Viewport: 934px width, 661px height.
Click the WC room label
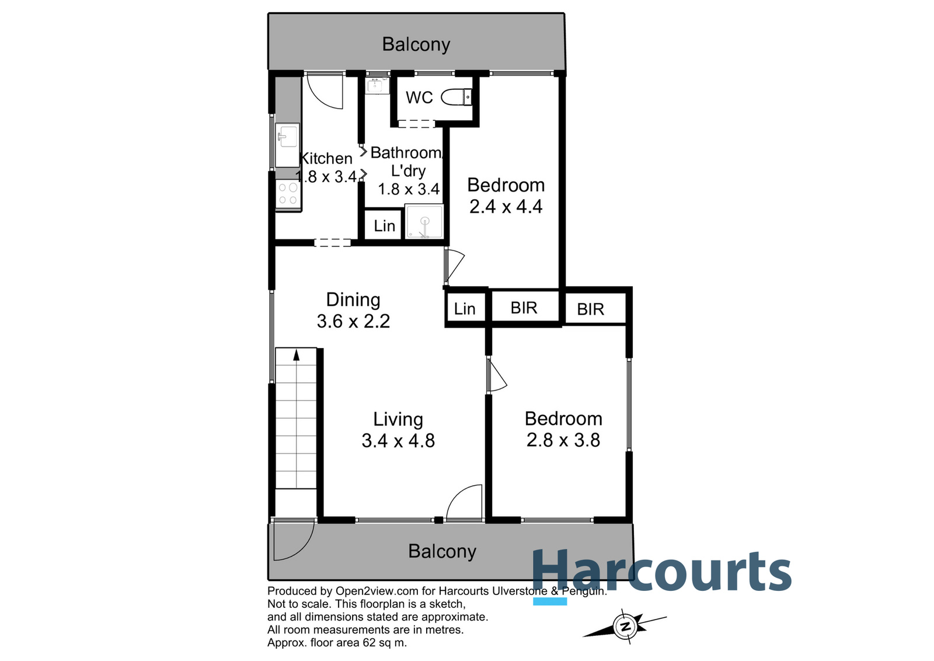pos(419,98)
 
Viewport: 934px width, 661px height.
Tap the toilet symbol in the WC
pos(456,97)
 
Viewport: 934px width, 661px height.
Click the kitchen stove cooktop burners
pos(288,194)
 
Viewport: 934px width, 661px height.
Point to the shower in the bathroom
pos(424,222)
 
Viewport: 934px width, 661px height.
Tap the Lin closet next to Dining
pos(465,309)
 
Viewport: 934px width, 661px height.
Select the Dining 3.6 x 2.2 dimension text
pos(353,321)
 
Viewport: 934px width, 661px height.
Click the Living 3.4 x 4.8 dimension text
pos(398,441)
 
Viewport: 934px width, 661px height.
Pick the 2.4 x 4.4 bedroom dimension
pos(506,207)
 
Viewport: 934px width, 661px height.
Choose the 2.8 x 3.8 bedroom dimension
pos(563,440)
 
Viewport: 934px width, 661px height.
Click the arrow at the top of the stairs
pos(297,355)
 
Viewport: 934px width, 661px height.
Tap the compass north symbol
pos(626,627)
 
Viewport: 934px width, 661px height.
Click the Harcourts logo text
pos(661,571)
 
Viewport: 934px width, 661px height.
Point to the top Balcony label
pos(416,44)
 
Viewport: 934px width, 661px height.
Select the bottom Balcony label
pos(442,551)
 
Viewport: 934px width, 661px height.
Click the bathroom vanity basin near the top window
pos(374,86)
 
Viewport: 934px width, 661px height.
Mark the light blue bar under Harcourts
pos(550,601)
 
